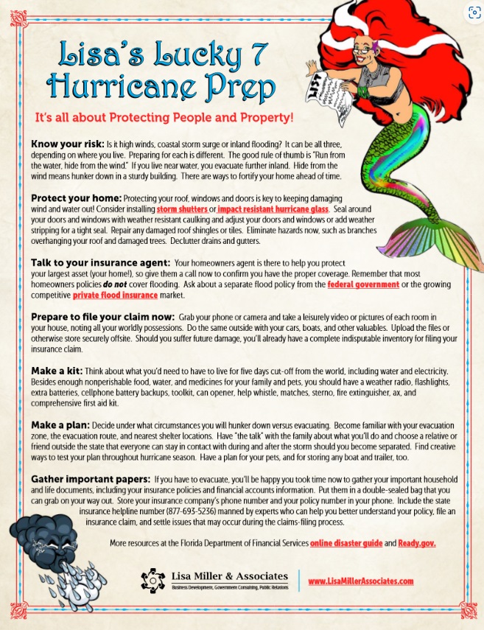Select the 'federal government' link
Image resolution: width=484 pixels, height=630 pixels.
(x=363, y=284)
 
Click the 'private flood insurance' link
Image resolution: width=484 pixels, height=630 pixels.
(x=115, y=295)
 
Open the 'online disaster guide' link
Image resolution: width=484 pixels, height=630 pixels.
(x=346, y=543)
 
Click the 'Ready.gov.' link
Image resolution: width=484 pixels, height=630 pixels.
(x=417, y=543)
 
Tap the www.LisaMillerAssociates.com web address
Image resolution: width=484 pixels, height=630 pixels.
(x=360, y=581)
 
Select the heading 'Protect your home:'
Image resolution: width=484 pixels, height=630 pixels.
(x=76, y=199)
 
